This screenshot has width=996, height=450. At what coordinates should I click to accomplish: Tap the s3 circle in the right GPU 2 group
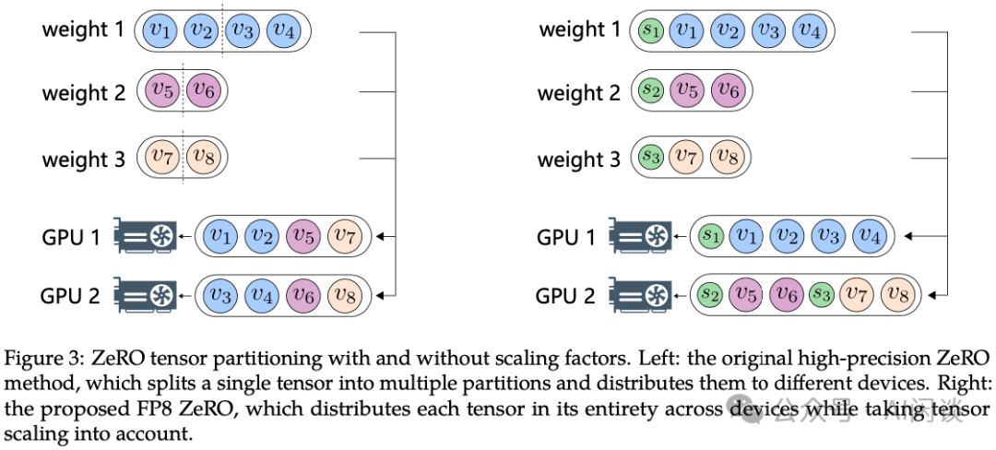[822, 294]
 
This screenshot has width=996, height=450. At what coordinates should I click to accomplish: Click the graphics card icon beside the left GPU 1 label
[145, 237]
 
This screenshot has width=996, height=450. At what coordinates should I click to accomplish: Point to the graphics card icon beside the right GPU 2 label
[641, 295]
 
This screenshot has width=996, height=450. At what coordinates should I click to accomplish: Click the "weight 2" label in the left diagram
[83, 93]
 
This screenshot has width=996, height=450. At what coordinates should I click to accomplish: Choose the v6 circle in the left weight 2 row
[205, 92]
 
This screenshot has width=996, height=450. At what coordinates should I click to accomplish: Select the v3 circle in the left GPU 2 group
[219, 295]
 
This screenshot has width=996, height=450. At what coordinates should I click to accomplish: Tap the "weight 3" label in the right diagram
[578, 159]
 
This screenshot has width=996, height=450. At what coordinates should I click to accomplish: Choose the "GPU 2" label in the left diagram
[70, 295]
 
